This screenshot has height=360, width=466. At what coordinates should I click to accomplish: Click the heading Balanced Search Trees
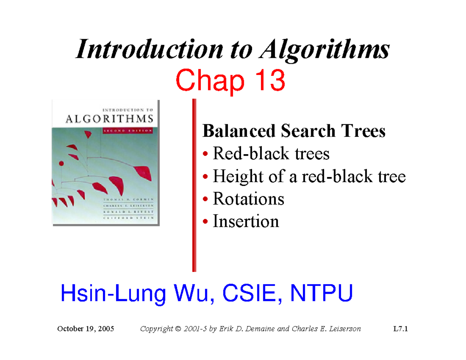coord(294,131)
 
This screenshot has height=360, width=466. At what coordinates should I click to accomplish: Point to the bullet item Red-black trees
coord(271,154)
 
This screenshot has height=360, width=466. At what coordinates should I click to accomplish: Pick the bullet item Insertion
coord(246,222)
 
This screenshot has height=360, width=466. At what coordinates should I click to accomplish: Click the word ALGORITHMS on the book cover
coord(106,118)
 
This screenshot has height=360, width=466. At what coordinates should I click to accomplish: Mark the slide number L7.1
coord(400,329)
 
